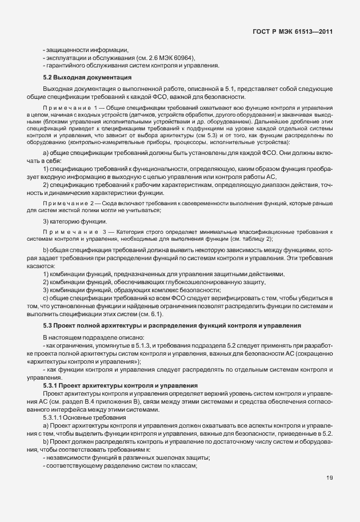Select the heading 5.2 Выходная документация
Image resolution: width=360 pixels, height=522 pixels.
pos(88,77)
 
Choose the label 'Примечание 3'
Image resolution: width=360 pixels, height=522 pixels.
pos(69,230)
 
